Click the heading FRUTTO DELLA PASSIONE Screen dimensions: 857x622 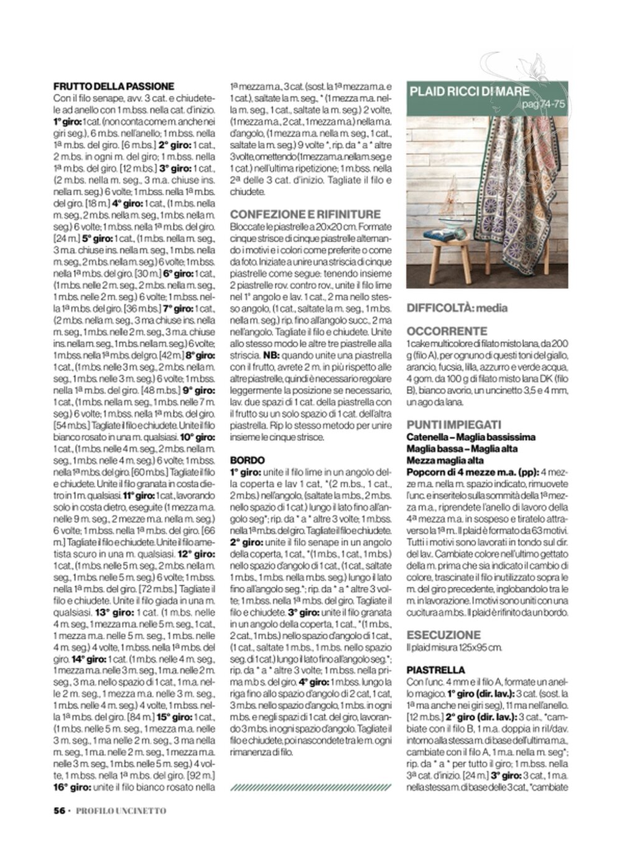[x=114, y=87]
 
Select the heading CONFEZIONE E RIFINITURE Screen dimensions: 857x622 [x=305, y=214]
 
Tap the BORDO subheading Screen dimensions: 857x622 [x=247, y=460]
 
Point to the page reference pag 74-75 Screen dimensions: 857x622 [x=544, y=105]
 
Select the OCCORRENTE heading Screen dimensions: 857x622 [x=447, y=331]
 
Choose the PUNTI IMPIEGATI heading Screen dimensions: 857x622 [x=453, y=424]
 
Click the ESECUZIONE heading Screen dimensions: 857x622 [x=443, y=635]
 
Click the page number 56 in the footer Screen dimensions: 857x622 [x=60, y=810]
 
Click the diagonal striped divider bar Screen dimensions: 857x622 [x=310, y=787]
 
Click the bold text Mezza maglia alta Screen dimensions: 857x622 [x=445, y=460]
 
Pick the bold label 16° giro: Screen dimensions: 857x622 [x=72, y=787]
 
